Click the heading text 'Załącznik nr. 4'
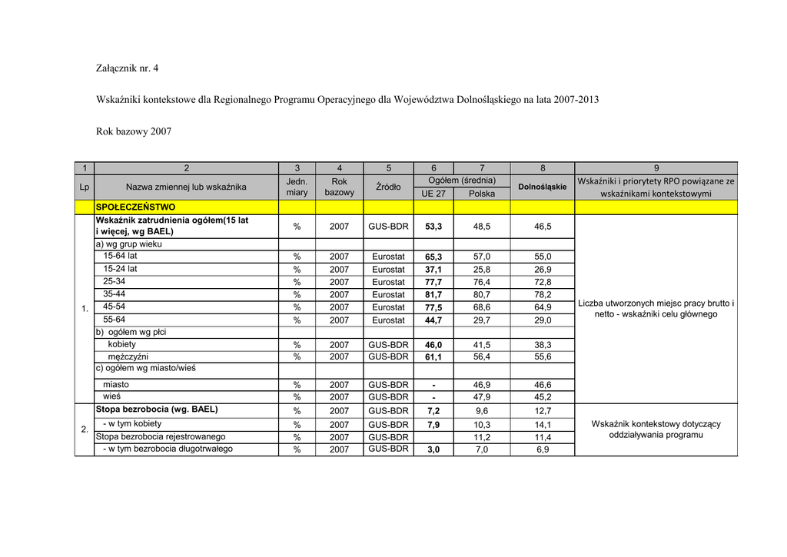point(127,68)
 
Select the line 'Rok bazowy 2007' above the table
point(133,131)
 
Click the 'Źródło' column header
point(388,187)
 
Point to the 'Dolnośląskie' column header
point(542,187)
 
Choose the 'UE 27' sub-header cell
point(433,194)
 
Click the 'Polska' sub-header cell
point(482,194)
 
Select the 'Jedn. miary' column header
point(297,187)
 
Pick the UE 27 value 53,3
point(433,227)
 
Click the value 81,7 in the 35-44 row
point(433,294)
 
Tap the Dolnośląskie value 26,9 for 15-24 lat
point(543,270)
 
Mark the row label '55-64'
point(115,319)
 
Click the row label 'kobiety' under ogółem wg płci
point(122,344)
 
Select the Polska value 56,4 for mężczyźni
point(482,357)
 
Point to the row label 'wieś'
point(111,396)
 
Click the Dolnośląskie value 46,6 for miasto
point(543,385)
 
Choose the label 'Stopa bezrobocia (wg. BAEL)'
point(157,409)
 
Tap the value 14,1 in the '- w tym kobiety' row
point(543,425)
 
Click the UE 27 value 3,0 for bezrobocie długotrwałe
point(433,450)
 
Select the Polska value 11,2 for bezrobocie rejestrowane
point(482,437)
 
